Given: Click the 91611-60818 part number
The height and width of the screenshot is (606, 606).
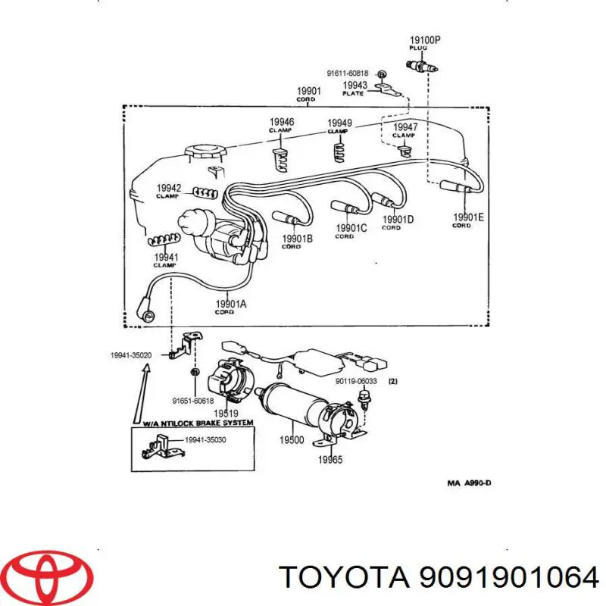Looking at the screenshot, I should (348, 73).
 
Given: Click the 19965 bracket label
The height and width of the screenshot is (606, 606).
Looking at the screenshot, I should (330, 459).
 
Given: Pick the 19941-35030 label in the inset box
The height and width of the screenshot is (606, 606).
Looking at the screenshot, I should (206, 439).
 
